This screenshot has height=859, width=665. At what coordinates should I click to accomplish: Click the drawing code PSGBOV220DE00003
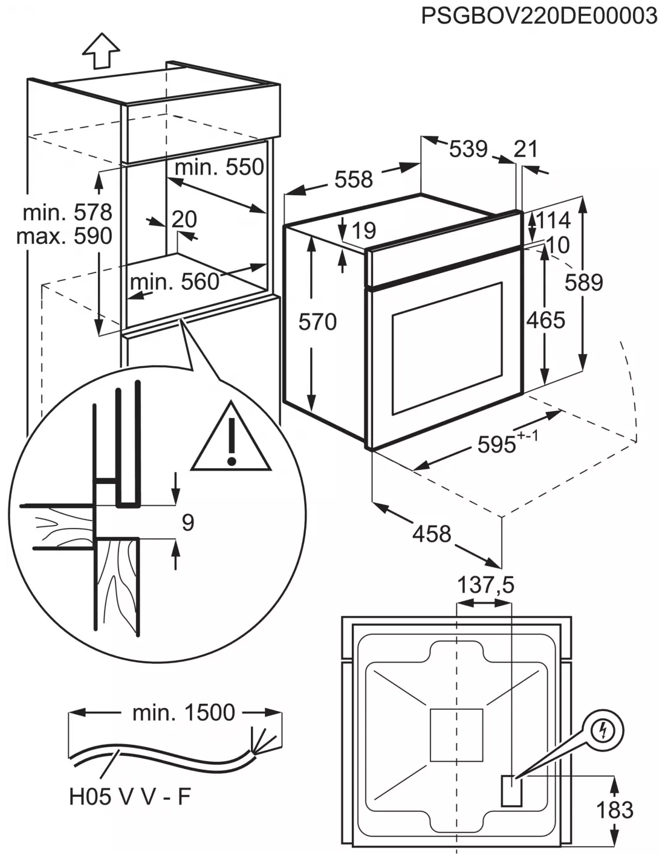point(539,15)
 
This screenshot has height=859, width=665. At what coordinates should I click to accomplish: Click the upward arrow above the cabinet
point(100,50)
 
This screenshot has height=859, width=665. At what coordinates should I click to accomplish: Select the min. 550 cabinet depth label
point(219,167)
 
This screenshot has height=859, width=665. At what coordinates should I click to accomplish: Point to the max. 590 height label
point(64,236)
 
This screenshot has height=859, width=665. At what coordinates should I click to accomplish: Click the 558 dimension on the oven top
point(354,179)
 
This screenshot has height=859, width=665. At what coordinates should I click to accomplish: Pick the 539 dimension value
point(468,148)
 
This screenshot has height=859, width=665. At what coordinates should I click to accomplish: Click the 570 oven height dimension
point(317,322)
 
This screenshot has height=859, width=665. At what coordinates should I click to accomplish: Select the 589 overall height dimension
point(584,282)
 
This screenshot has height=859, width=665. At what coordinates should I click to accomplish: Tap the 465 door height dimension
point(545,320)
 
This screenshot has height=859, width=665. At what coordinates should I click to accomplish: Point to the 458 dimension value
point(432,533)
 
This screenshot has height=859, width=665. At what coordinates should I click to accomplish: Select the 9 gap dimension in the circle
point(187,522)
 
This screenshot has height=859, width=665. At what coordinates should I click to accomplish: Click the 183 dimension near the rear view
point(615,809)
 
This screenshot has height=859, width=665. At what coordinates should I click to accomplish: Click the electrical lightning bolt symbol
point(602,732)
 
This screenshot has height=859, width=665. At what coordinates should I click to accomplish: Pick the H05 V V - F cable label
point(129,797)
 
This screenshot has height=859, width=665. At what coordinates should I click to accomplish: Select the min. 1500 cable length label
point(183,713)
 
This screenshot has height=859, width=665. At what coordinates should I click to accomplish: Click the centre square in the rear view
point(456,735)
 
